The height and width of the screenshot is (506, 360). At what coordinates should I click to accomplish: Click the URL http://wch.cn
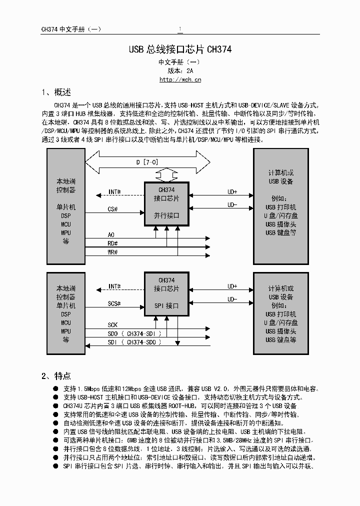(180, 79)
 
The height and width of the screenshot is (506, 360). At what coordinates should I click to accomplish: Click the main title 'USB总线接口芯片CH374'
(180, 49)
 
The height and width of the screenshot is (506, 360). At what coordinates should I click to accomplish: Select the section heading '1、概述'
(56, 92)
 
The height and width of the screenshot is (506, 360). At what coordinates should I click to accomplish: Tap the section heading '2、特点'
(56, 376)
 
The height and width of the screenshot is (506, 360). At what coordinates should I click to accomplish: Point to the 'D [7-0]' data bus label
(147, 162)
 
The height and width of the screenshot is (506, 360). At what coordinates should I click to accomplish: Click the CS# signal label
(113, 209)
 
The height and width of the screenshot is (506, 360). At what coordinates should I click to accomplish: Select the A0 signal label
(111, 234)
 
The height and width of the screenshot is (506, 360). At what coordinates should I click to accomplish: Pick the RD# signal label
(112, 243)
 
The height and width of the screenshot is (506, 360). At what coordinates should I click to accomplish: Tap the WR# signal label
(112, 252)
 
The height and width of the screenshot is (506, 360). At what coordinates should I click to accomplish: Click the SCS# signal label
(114, 303)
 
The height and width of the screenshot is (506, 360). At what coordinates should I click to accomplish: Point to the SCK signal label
(112, 325)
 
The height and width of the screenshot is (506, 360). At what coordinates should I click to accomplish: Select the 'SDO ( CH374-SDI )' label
(134, 333)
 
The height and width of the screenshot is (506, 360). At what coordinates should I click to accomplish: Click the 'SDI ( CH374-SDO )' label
(134, 342)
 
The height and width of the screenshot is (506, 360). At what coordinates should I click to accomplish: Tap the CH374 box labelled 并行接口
(166, 204)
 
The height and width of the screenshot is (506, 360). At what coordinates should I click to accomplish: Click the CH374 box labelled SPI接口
(166, 294)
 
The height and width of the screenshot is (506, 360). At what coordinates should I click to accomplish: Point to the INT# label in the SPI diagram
(114, 286)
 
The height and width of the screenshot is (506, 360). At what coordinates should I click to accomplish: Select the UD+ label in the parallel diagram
(232, 192)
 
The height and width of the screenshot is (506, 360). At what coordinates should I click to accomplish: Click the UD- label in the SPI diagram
(232, 299)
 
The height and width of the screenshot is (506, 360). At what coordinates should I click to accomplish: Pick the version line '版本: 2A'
(180, 70)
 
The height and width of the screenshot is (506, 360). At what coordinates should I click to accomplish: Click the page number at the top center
(180, 29)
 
